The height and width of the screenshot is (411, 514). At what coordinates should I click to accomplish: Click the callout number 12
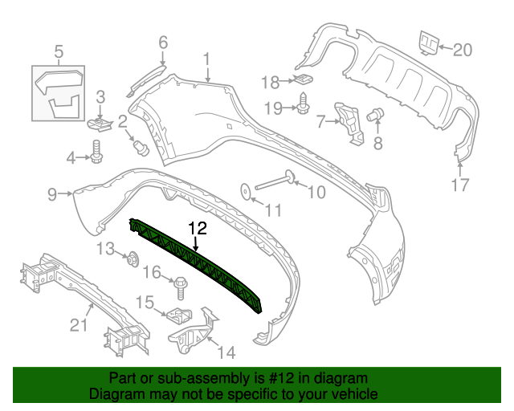pos(198,229)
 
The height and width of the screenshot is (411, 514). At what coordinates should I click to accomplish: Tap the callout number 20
pos(463,49)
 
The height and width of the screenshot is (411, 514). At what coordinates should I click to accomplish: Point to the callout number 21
pos(78,324)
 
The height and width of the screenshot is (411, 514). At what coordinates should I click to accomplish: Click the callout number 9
pos(53,193)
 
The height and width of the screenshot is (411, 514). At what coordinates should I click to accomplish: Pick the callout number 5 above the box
pos(58,53)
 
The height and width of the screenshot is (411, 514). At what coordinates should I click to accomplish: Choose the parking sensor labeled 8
pos(373,116)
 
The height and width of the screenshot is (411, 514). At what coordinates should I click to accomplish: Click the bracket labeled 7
pos(350,121)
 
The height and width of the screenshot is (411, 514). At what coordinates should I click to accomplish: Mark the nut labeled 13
pos(133,258)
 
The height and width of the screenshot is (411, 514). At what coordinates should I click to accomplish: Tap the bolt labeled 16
pos(180,283)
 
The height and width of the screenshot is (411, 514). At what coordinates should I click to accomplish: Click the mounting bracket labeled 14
pos(193,333)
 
